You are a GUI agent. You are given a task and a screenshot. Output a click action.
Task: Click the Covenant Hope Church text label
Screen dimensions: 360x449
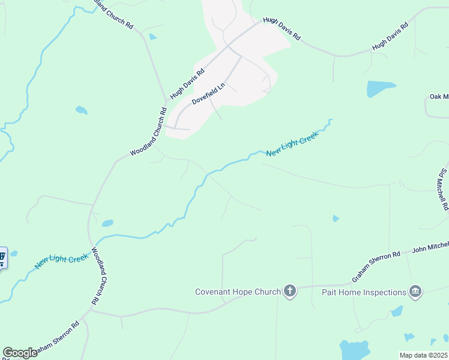pyautogui.click(x=238, y=292)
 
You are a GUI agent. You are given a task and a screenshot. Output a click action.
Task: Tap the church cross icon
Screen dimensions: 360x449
pyautogui.click(x=290, y=292)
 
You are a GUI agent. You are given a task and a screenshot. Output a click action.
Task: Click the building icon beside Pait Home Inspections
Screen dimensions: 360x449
pyautogui.click(x=415, y=292)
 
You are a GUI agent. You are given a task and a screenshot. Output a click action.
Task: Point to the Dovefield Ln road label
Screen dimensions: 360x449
pyautogui.click(x=208, y=94)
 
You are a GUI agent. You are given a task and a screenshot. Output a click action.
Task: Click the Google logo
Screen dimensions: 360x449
pyautogui.click(x=19, y=353)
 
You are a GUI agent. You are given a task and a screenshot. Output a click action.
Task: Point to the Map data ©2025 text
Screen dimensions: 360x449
pyautogui.click(x=423, y=355)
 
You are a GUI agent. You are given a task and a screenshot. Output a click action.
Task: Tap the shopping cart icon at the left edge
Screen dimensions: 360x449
pyautogui.click(x=2, y=259)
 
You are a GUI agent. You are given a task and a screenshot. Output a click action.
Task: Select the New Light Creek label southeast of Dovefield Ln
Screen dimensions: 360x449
pyautogui.click(x=292, y=145)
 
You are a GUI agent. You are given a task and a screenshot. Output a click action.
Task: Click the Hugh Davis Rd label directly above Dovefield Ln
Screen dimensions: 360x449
pyautogui.click(x=187, y=83)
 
